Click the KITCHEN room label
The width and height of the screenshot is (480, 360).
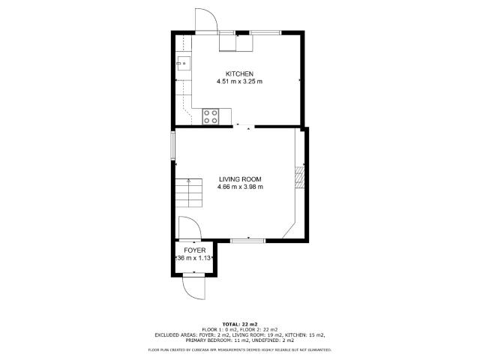[239, 73]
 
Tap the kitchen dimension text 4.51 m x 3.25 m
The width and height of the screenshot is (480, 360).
[239, 81]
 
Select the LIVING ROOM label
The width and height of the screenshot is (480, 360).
[239, 179]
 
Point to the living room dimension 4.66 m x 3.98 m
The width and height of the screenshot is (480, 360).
[239, 187]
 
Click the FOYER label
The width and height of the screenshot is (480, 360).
[194, 250]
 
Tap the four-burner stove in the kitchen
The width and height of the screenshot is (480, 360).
[211, 116]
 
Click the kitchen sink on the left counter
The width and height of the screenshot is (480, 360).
[182, 64]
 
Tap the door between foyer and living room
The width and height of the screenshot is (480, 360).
[188, 228]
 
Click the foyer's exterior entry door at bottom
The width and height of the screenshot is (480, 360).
[193, 286]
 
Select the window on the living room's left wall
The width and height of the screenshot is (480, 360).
[172, 145]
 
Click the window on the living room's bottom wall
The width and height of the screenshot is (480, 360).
[247, 240]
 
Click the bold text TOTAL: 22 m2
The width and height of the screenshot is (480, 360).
[239, 323]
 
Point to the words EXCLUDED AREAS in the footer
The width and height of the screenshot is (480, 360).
[176, 335]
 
